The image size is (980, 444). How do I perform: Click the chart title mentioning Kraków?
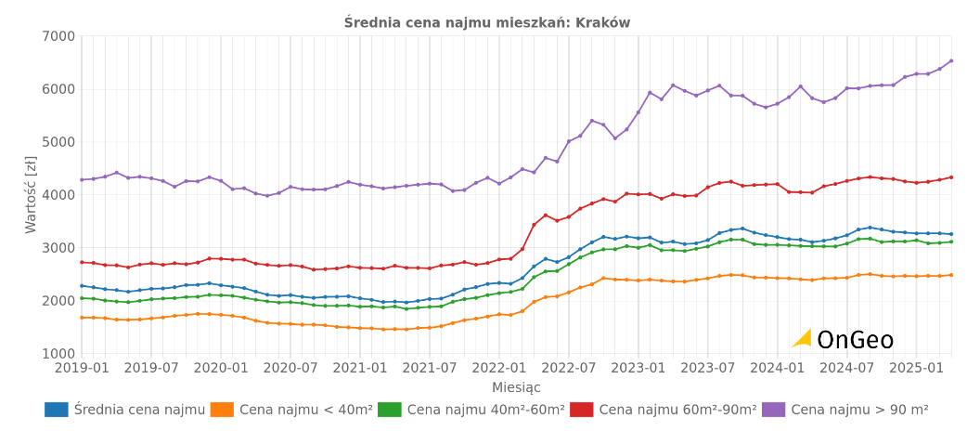click(x=486, y=22)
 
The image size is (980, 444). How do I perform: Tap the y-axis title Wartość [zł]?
click(x=32, y=194)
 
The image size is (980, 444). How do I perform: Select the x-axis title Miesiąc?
click(x=516, y=387)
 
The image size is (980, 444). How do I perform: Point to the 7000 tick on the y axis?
click(x=58, y=36)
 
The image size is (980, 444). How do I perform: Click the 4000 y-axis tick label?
click(x=58, y=195)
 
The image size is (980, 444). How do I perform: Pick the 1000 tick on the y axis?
click(x=58, y=354)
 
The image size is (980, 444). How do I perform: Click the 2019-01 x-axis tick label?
click(x=81, y=368)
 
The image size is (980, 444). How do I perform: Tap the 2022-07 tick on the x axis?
click(x=568, y=368)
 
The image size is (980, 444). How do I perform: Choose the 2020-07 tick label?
click(x=290, y=368)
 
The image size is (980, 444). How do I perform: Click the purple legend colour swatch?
click(x=773, y=410)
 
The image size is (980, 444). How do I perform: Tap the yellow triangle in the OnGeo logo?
click(x=804, y=339)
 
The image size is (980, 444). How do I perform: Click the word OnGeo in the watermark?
click(x=855, y=340)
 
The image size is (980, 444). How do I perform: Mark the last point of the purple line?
click(x=951, y=61)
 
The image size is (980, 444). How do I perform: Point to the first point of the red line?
click(x=82, y=262)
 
